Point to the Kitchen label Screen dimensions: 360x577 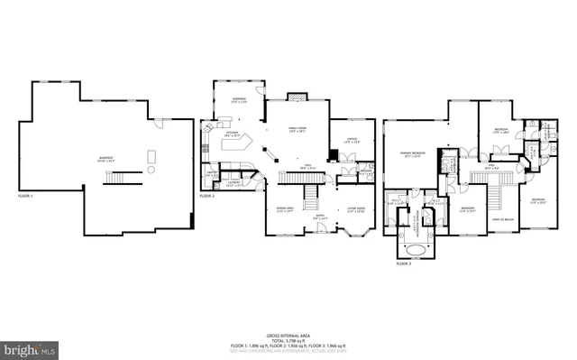tap(231, 134)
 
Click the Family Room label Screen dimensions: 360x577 tap(297, 129)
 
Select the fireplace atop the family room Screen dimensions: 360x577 tap(298, 96)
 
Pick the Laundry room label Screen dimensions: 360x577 tap(234, 183)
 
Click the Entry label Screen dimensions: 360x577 tap(320, 215)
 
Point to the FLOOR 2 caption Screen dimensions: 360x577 tap(207, 195)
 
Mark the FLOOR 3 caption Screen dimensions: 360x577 tap(404, 263)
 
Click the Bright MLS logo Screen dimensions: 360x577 tap(29, 347)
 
